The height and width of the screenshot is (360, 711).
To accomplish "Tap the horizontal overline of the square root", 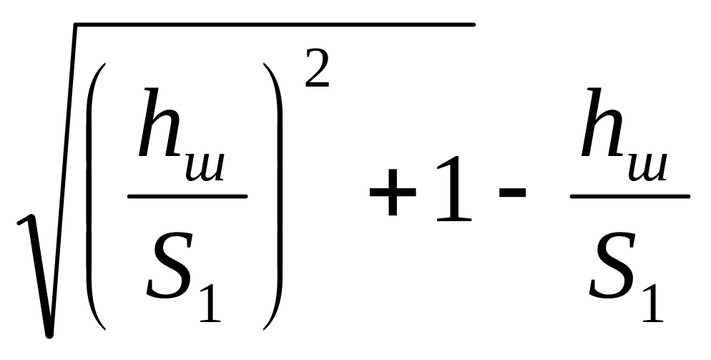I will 272,25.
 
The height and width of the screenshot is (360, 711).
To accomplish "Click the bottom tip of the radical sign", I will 48,334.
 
